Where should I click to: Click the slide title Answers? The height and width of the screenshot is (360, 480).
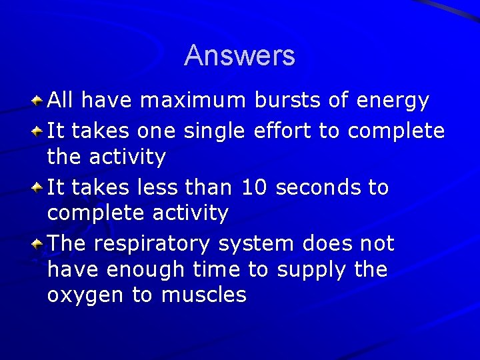click(x=239, y=55)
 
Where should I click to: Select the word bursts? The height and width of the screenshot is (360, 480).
click(x=289, y=101)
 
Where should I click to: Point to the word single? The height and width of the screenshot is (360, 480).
click(x=215, y=131)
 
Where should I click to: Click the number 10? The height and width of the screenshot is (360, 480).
click(x=254, y=187)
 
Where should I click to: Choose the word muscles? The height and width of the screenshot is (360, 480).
click(x=203, y=294)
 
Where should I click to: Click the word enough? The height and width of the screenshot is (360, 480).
click(x=141, y=270)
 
